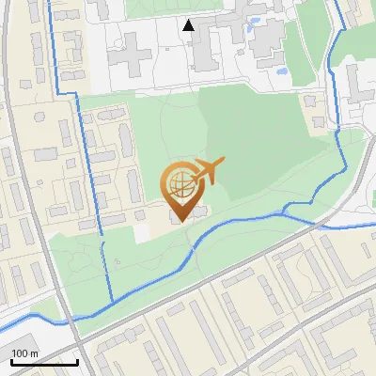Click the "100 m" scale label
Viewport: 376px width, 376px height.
pyautogui.click(x=24, y=353)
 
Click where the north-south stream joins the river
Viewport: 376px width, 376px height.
pyautogui.click(x=112, y=302)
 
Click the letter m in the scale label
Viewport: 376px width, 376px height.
pyautogui.click(x=33, y=353)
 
